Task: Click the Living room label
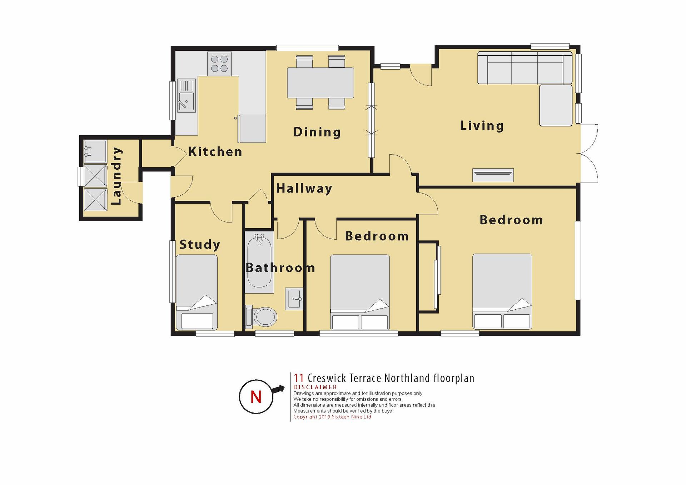click(x=482, y=126)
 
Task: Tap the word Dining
click(x=317, y=132)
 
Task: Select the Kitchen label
click(x=215, y=152)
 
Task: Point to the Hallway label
click(x=304, y=189)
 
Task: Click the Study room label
click(x=200, y=245)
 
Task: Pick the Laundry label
click(x=116, y=176)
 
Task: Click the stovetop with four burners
click(x=219, y=64)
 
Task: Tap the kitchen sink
click(x=187, y=95)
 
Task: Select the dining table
click(x=320, y=83)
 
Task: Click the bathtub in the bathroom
click(x=259, y=262)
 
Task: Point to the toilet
click(x=261, y=316)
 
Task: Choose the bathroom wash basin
click(x=294, y=299)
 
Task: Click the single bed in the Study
click(x=197, y=292)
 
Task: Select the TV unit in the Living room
click(x=493, y=175)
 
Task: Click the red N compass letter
click(x=256, y=397)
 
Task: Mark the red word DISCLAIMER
click(x=315, y=387)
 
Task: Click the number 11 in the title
click(x=299, y=378)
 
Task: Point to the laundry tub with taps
click(x=95, y=151)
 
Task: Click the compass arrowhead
click(x=281, y=389)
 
